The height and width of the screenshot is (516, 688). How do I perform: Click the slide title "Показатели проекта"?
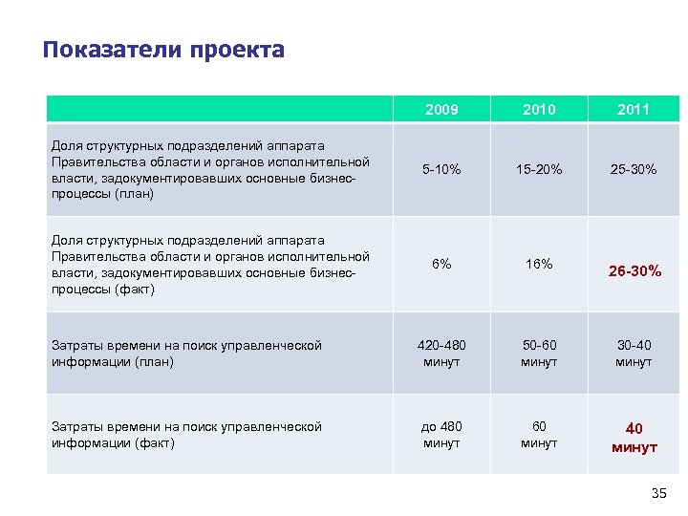coord(163,50)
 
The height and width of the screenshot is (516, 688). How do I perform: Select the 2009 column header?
coord(441,110)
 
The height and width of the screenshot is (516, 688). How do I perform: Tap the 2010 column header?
coord(539,110)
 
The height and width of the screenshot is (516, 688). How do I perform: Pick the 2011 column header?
coord(634,110)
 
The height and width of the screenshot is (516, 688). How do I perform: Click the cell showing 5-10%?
coord(441,169)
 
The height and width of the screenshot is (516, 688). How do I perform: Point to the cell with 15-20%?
coord(539,169)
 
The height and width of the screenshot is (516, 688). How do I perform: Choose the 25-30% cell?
coord(634,169)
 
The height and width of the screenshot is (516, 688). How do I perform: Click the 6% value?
coord(441,265)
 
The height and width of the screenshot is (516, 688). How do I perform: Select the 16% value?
coord(539,265)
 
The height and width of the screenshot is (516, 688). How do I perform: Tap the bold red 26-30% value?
coord(634,271)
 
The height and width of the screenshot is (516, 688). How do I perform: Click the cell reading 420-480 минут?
coord(441,354)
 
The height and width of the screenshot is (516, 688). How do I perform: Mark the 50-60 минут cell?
coord(539,354)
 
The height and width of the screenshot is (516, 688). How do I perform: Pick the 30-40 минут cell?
coord(634,354)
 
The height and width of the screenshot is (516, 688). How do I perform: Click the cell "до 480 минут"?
coord(441,435)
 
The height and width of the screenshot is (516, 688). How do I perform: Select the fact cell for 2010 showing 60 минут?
coord(539,435)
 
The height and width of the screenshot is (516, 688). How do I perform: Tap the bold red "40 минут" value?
coord(634,439)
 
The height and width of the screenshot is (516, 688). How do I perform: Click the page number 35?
coord(657,493)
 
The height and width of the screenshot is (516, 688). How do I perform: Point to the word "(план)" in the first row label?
coord(136,194)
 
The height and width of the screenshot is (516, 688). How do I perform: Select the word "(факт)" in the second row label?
coord(135,290)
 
